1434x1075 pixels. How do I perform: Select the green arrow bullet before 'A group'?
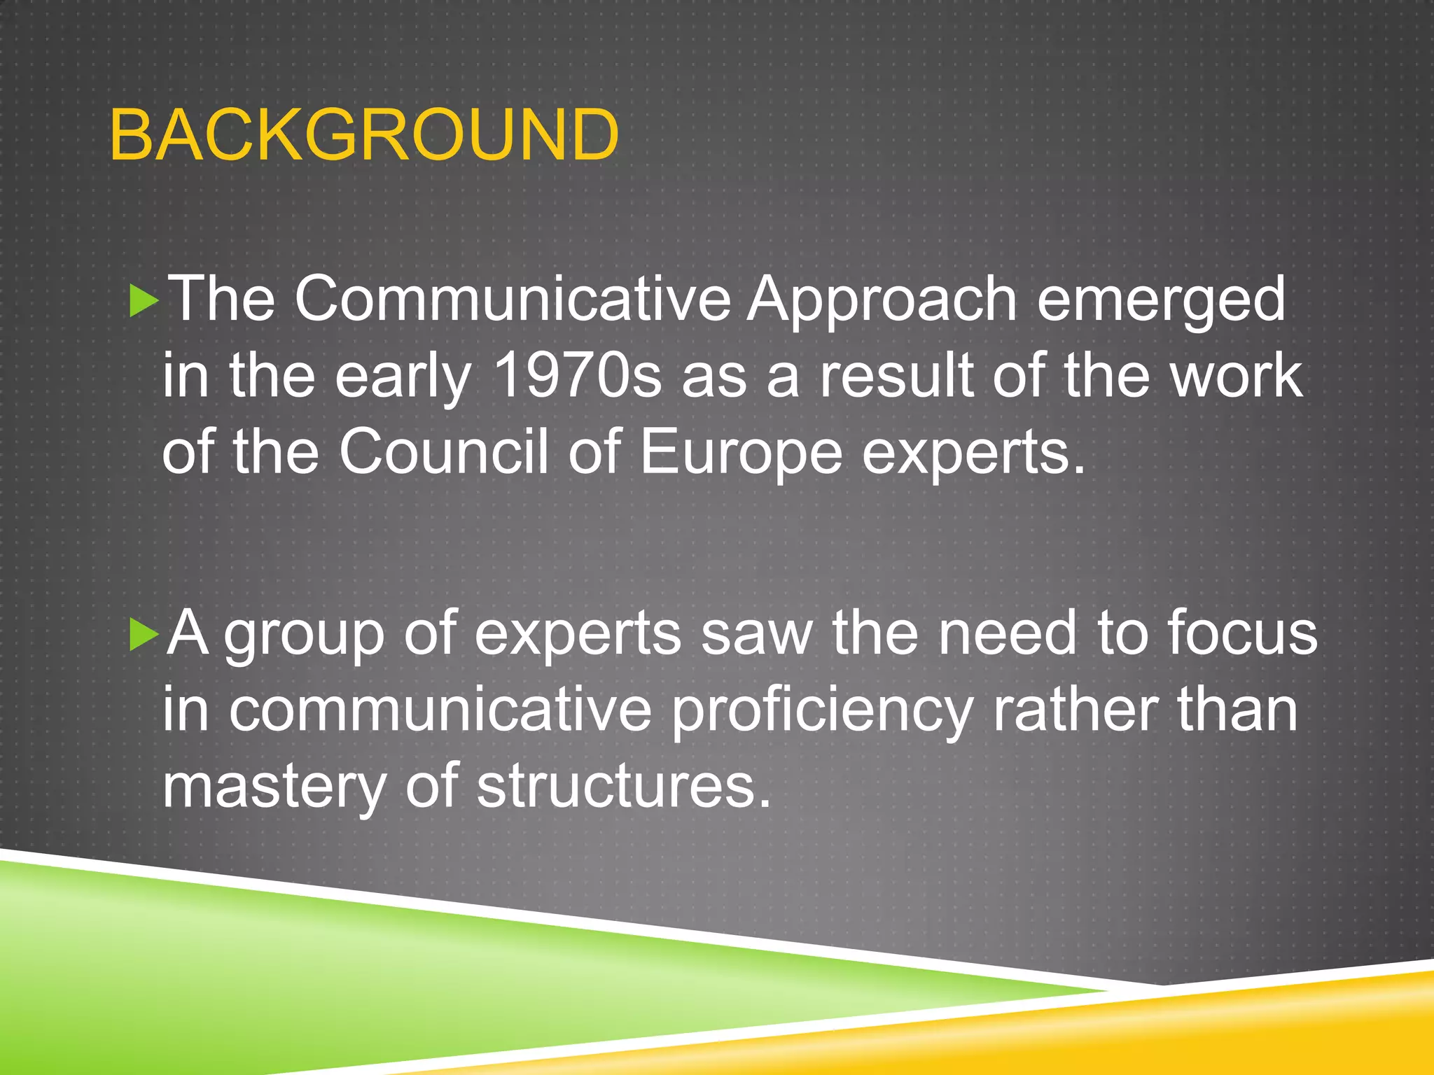(x=144, y=635)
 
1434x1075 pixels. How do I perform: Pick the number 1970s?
(x=577, y=376)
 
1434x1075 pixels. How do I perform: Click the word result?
(x=897, y=376)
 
